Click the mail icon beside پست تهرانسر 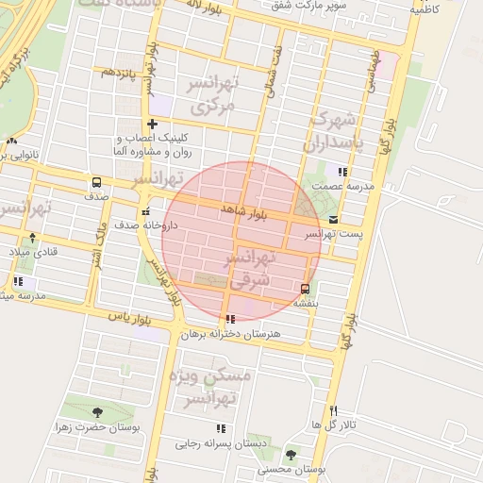click(332, 220)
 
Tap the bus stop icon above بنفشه click(304, 289)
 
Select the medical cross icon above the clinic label click(151, 125)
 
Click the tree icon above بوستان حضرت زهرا click(97, 412)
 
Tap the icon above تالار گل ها click(333, 410)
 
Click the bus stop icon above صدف click(96, 182)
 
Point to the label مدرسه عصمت click(348, 187)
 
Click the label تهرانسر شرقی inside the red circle click(251, 268)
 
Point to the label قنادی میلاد click(33, 252)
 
